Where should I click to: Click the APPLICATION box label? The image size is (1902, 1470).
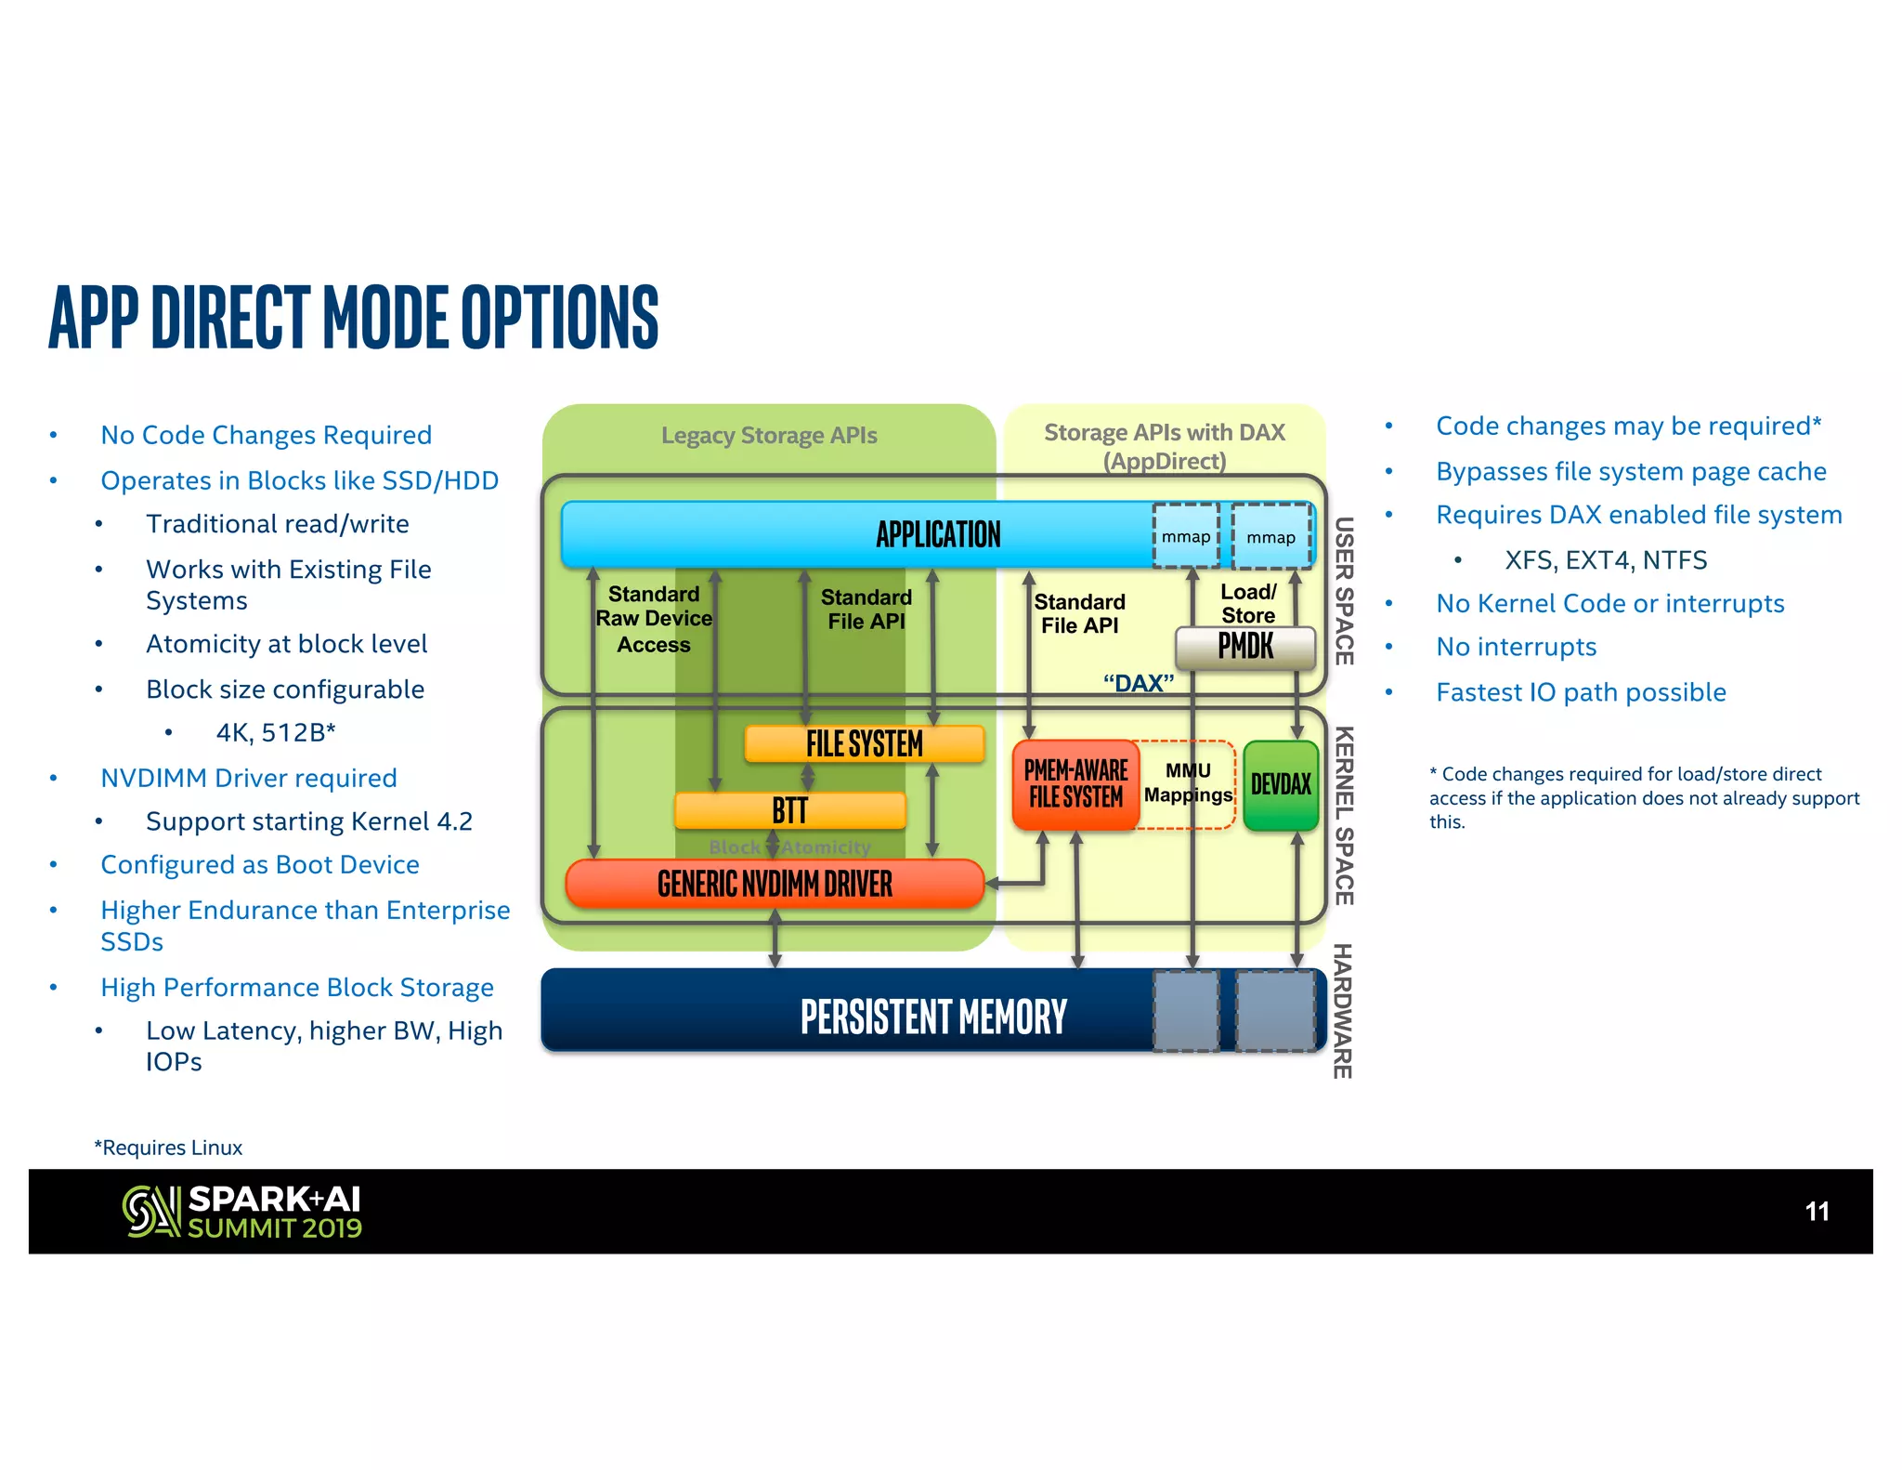[x=938, y=534]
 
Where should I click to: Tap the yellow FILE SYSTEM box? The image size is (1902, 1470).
[x=864, y=743]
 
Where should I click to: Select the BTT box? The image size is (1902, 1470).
[x=789, y=810]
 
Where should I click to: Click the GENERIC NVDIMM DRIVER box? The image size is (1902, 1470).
[x=775, y=884]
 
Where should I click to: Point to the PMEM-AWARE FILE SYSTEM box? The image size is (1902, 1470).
[x=1075, y=784]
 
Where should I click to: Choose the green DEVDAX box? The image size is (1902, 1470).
[x=1281, y=784]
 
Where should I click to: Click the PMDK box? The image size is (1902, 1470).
[x=1245, y=647]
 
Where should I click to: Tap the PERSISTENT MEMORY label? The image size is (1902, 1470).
[x=933, y=1017]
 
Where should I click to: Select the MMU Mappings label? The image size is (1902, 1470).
[x=1188, y=782]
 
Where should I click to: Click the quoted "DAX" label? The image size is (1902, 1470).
[x=1139, y=684]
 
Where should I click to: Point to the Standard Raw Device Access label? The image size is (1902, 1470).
[x=654, y=619]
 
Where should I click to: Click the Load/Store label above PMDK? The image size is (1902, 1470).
[x=1248, y=603]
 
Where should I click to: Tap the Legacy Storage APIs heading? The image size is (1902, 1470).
[x=769, y=436]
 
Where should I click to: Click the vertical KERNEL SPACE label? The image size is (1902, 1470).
[x=1344, y=815]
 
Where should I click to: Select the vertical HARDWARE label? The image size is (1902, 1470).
[x=1342, y=1010]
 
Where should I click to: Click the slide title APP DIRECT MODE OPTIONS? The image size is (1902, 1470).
[x=353, y=318]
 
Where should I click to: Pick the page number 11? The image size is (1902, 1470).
[x=1817, y=1212]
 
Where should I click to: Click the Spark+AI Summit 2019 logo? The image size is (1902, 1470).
[x=242, y=1212]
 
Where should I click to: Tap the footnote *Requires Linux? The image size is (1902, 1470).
[x=168, y=1148]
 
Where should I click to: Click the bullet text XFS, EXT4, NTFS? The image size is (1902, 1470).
[x=1606, y=560]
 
